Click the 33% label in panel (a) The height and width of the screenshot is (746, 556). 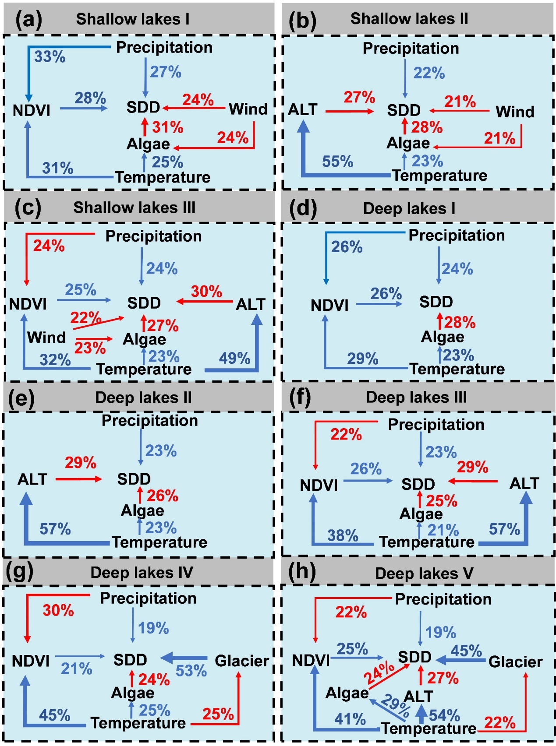pos(50,57)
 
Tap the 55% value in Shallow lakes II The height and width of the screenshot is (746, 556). pos(337,162)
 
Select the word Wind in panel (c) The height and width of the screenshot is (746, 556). pos(46,338)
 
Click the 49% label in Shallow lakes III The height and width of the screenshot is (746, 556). pos(234,359)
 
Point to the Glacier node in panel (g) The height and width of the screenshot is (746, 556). pos(241,661)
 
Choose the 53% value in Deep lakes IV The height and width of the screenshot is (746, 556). pos(191,671)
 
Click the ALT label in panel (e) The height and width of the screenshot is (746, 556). pos(32,479)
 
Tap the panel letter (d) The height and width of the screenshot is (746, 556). pos(303,208)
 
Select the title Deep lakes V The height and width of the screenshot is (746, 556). pos(424,574)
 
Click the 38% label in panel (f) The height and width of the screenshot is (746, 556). pos(343,535)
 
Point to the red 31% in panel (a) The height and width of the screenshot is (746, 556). pos(167,127)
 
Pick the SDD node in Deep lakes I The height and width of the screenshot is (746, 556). pos(436,302)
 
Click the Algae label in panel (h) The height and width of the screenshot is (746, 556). pos(347,693)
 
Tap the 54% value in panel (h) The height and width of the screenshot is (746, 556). pos(444,715)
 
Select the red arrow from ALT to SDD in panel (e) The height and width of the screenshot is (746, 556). pos(78,479)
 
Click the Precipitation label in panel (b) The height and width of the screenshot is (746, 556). pos(411,49)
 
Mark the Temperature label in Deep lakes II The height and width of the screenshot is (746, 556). pos(159,542)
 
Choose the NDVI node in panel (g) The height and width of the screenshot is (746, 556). pos(31,661)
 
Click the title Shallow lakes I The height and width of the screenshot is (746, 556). pos(132,19)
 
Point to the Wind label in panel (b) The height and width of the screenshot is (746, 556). pos(514,112)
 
